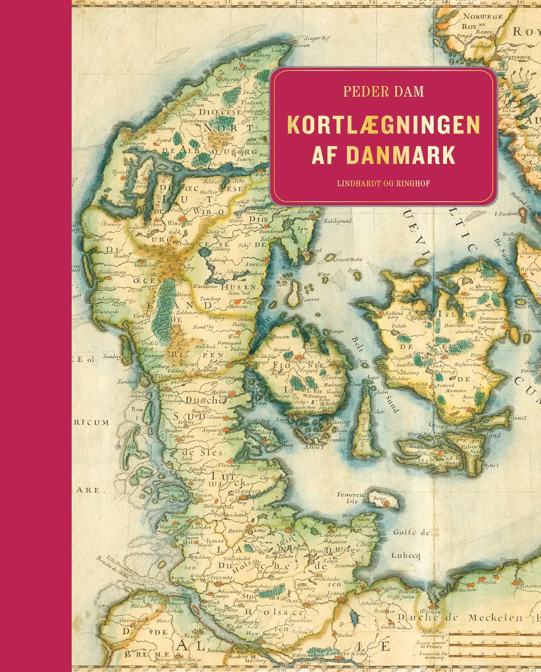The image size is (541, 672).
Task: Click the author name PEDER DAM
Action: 383,91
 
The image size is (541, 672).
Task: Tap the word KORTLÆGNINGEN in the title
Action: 384,125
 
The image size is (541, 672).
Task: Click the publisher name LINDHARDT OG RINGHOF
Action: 383,183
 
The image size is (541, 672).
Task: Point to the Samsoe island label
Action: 310,299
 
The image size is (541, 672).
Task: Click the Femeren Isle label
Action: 351,498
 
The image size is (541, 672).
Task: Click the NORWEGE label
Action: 483,17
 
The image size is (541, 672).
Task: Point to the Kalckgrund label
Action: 338,221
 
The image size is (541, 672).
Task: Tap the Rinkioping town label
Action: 112,272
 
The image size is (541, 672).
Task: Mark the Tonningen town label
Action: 185,517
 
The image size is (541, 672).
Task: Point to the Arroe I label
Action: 313,447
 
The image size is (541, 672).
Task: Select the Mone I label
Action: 518,418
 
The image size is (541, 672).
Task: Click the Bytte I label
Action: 492,465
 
